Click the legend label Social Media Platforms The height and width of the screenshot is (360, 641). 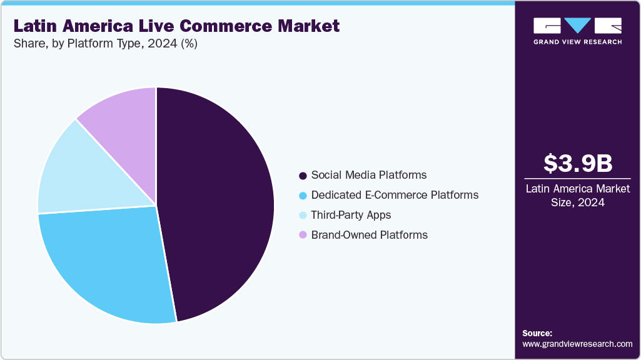(x=368, y=175)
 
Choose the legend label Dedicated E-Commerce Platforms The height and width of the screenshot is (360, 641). (x=395, y=195)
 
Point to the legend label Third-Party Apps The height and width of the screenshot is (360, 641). (x=351, y=215)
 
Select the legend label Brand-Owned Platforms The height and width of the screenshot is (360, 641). (x=369, y=235)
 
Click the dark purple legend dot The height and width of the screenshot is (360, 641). (x=303, y=176)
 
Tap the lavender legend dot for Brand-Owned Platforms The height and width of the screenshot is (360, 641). (x=303, y=236)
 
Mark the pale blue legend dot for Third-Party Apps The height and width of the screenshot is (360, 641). (x=303, y=216)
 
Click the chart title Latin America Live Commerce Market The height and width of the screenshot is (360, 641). (x=176, y=26)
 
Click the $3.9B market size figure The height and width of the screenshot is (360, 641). (x=577, y=163)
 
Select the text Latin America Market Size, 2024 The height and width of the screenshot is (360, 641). (x=577, y=195)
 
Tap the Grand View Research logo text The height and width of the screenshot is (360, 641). (x=577, y=42)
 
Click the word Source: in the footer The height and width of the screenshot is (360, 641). (x=537, y=333)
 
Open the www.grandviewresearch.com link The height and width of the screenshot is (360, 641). (x=577, y=344)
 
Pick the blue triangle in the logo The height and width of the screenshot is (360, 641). (x=577, y=25)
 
